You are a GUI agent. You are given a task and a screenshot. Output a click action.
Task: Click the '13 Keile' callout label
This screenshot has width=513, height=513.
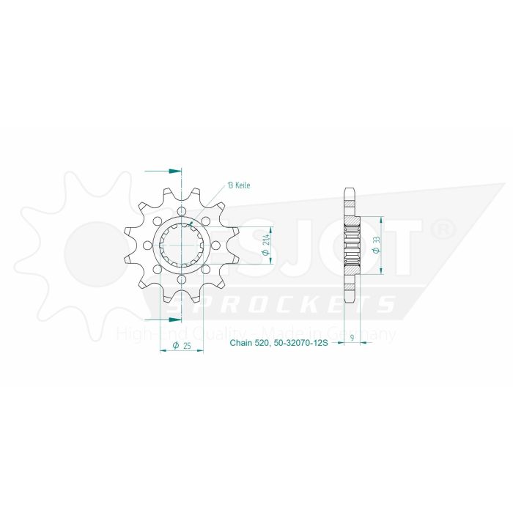point(239,185)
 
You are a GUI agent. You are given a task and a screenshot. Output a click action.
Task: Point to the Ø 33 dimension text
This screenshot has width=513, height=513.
point(376,246)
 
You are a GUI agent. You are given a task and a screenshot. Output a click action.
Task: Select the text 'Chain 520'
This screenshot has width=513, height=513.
point(250,343)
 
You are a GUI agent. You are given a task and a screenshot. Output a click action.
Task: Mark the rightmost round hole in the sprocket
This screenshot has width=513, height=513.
point(211,246)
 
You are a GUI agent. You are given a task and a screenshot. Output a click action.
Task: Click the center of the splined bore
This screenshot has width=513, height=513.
point(177,246)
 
